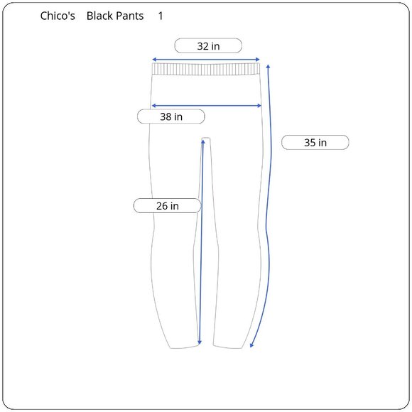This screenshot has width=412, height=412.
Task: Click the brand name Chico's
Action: pyautogui.click(x=58, y=16)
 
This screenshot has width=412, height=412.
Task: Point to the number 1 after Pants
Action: pyautogui.click(x=161, y=16)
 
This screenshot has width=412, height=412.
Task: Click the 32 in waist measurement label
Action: pyautogui.click(x=208, y=45)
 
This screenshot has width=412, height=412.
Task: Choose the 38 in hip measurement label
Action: pyautogui.click(x=171, y=116)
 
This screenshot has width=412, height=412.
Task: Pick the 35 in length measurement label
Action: pyautogui.click(x=315, y=142)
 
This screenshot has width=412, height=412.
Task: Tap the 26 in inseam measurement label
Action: pyautogui.click(x=168, y=206)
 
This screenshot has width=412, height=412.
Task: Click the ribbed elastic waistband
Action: pyautogui.click(x=206, y=69)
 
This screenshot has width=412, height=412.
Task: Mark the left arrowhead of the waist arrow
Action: pyautogui.click(x=154, y=60)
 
